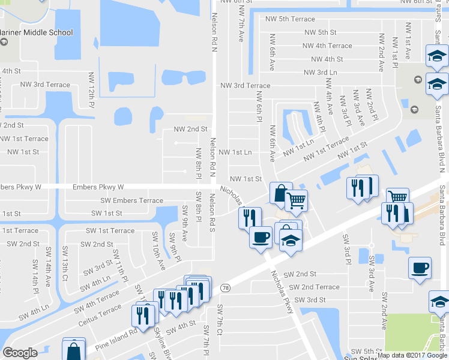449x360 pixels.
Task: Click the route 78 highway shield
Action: [x=226, y=289]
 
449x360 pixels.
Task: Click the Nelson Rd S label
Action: [x=211, y=209]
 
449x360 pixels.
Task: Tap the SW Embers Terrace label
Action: [x=130, y=200]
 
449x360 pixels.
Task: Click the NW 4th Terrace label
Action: [x=327, y=46]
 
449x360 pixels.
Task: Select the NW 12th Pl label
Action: [x=92, y=89]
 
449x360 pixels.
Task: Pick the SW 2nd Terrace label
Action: [x=312, y=287]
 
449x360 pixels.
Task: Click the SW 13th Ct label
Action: [x=65, y=268]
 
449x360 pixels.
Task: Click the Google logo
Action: [x=20, y=352]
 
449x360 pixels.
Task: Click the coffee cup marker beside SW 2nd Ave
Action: [x=420, y=268]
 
